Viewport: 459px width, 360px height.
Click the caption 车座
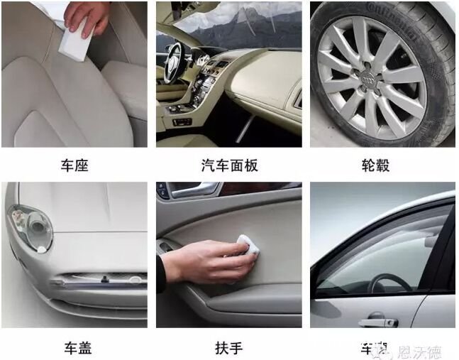(x=74, y=166)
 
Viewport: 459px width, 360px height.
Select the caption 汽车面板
(x=229, y=166)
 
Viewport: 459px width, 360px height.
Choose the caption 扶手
(x=229, y=348)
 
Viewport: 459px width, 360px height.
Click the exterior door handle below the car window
(x=377, y=322)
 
